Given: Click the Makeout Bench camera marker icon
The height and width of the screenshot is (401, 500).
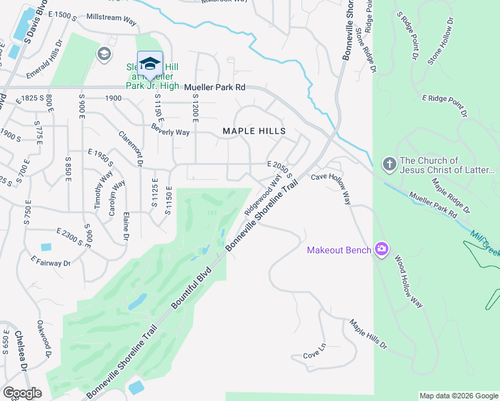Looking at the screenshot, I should (382, 250).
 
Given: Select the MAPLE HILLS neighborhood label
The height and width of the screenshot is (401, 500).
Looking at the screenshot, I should (253, 131).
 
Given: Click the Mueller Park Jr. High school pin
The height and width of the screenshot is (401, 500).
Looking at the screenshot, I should (150, 65).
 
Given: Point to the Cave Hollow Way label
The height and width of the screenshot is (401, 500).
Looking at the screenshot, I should (331, 177).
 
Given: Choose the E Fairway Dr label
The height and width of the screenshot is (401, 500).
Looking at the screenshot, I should (51, 263).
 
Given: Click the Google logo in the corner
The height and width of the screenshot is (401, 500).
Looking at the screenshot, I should (23, 392).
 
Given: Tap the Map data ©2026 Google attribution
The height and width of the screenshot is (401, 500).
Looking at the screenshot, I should (459, 396).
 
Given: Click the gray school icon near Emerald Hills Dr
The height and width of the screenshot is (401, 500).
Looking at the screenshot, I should (105, 53).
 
